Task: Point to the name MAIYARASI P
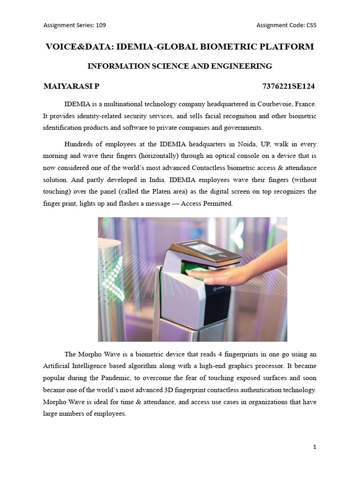(x=71, y=86)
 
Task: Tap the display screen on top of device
(x=206, y=250)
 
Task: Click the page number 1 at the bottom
(x=315, y=447)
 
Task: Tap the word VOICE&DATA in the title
(x=78, y=47)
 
